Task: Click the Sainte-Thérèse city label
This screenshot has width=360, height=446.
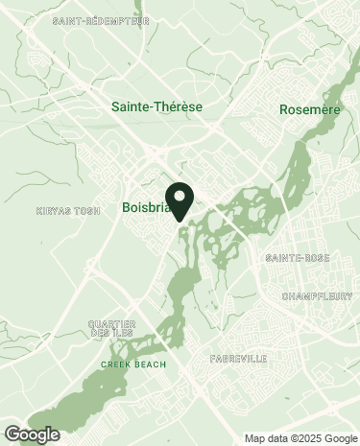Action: tap(156, 106)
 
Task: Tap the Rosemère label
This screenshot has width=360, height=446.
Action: tap(311, 110)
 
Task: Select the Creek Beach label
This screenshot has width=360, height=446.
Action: tap(132, 364)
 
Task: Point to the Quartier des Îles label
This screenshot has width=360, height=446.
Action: tap(106, 328)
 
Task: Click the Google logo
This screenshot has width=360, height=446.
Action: tap(32, 434)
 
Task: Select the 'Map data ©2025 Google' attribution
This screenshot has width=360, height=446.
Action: tap(300, 438)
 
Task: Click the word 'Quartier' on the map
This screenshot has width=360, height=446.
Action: tap(106, 323)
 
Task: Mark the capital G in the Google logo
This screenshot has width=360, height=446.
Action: tap(12, 434)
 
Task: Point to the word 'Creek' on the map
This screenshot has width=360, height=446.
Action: tap(114, 364)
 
